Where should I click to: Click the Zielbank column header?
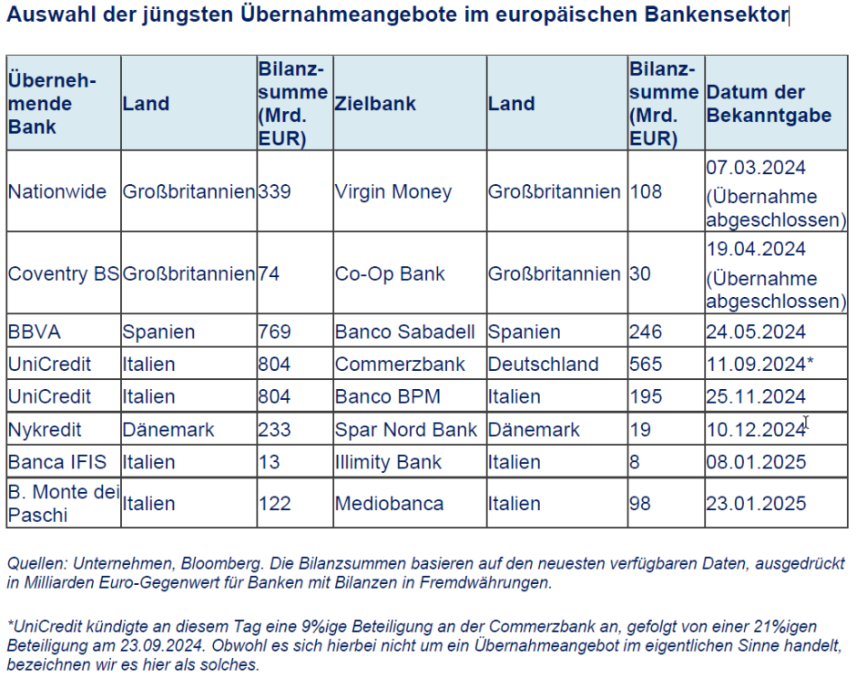pyautogui.click(x=375, y=104)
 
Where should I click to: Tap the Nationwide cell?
pyautogui.click(x=56, y=192)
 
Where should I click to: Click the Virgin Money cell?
pyautogui.click(x=392, y=192)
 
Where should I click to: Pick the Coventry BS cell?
pyautogui.click(x=63, y=273)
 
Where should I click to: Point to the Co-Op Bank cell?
pyautogui.click(x=390, y=273)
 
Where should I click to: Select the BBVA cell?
pyautogui.click(x=32, y=332)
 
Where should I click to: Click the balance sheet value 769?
pyautogui.click(x=274, y=332)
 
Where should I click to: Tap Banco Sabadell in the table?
pyautogui.click(x=407, y=332)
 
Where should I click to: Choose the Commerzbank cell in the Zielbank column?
pyautogui.click(x=400, y=364)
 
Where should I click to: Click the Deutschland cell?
pyautogui.click(x=543, y=364)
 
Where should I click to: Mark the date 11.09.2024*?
pyautogui.click(x=759, y=364)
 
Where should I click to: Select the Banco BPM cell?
pyautogui.click(x=386, y=396)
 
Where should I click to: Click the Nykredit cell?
pyautogui.click(x=45, y=429)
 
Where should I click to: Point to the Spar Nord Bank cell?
pyautogui.click(x=405, y=429)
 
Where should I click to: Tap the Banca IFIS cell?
pyautogui.click(x=51, y=462)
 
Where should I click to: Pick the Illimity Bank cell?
pyautogui.click(x=387, y=462)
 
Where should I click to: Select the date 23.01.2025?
pyautogui.click(x=756, y=503)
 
